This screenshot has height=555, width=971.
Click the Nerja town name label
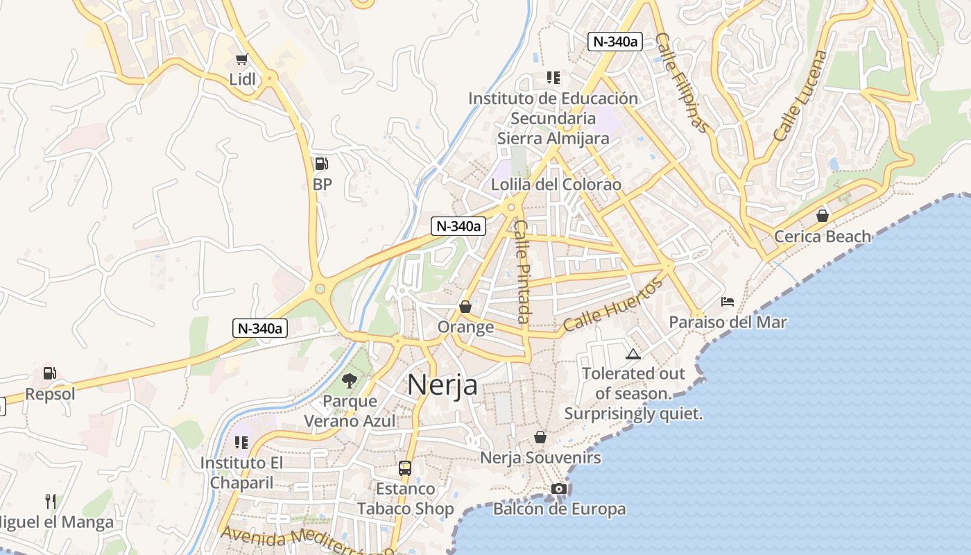tap(442, 384)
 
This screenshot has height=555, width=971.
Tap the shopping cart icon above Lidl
tap(241, 60)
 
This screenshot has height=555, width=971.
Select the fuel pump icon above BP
tap(321, 164)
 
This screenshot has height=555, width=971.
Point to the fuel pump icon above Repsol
tap(49, 373)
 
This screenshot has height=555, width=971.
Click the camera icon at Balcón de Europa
tap(559, 489)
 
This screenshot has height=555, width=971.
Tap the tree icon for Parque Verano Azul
tap(350, 380)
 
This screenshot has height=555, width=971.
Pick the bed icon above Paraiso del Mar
tap(728, 302)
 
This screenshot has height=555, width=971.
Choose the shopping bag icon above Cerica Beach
tap(823, 216)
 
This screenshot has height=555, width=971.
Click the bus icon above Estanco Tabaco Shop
tap(405, 468)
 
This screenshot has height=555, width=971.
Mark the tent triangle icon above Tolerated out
tap(633, 354)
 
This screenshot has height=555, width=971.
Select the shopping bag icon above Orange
tap(465, 307)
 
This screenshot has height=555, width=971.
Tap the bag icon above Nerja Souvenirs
tap(540, 437)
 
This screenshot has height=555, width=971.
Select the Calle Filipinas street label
tap(682, 83)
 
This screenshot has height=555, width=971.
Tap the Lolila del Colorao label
tap(556, 185)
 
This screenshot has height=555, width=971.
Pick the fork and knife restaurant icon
tap(50, 502)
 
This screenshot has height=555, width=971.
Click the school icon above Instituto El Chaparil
tap(241, 443)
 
